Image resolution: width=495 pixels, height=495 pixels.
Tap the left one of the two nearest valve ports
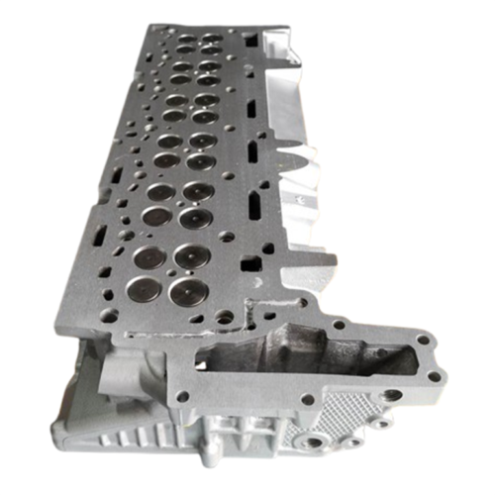[x=150, y=259]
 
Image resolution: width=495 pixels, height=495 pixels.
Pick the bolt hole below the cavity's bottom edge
[x=308, y=400]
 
